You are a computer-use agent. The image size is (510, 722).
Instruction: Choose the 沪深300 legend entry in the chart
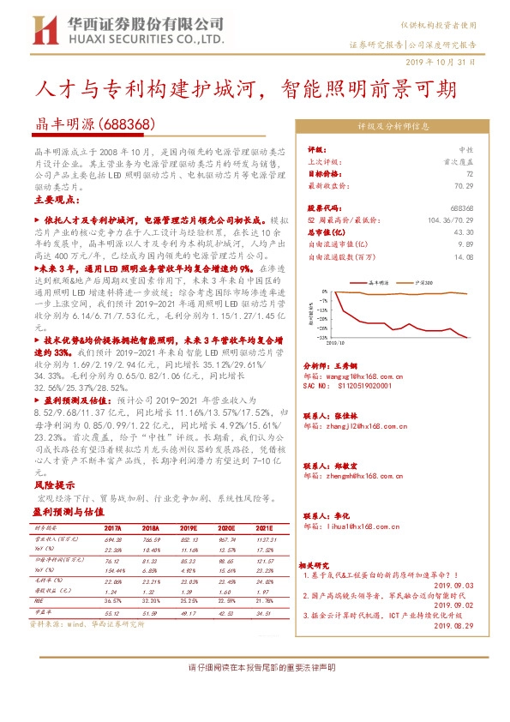(423, 280)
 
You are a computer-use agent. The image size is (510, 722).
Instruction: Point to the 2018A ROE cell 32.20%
(151, 603)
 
